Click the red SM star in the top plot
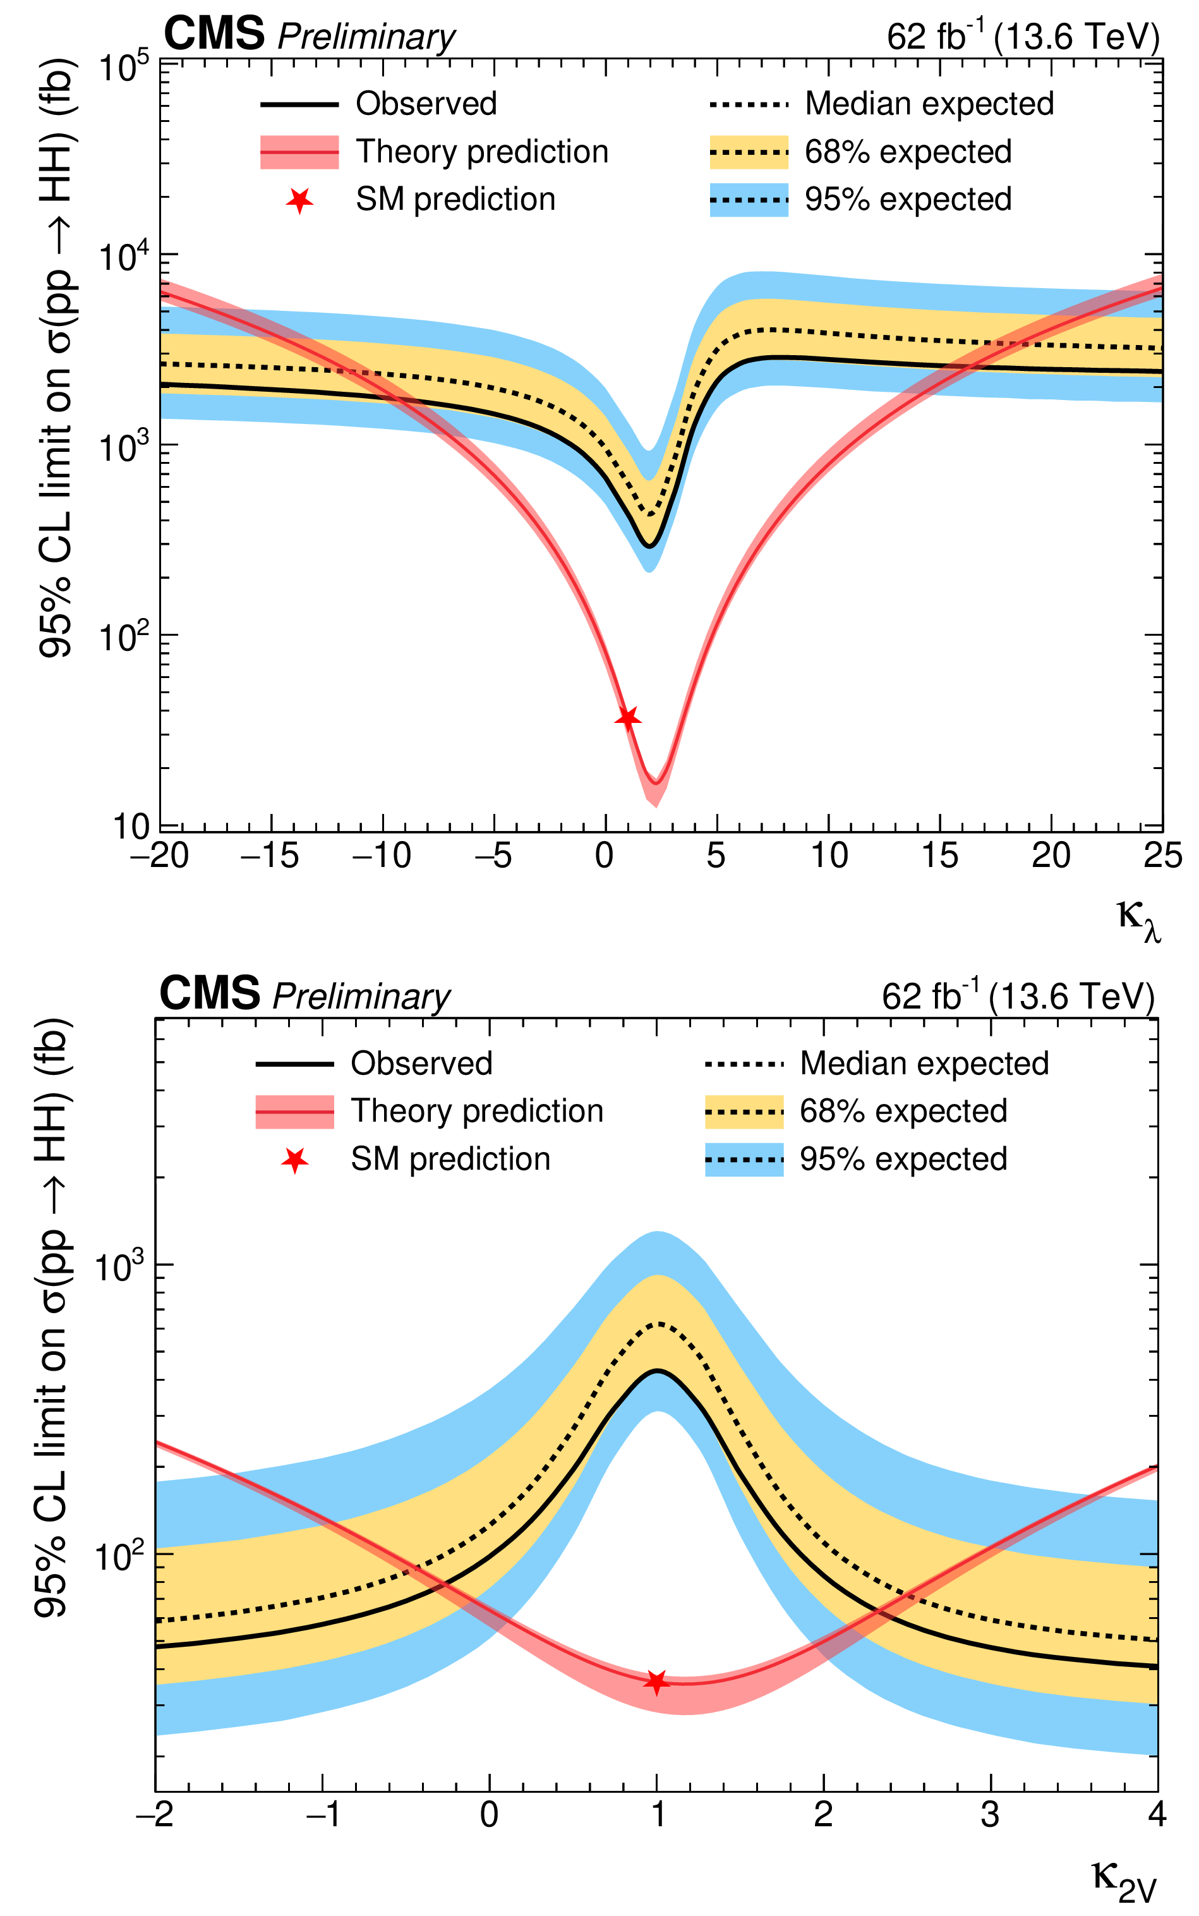point(628,718)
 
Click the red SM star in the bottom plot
point(656,1682)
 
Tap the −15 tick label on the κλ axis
point(270,856)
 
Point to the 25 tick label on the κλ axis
point(1162,856)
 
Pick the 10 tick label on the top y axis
point(131,827)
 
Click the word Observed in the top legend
point(426,104)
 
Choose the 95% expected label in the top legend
point(908,199)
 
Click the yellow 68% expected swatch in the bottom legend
point(744,1112)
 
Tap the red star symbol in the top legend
point(299,201)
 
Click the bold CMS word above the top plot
point(214,34)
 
